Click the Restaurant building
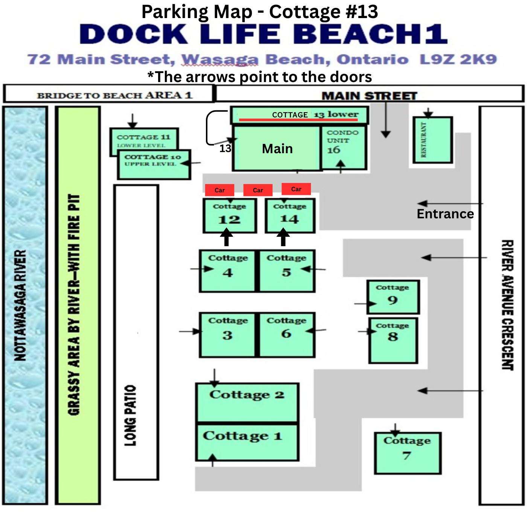pyautogui.click(x=433, y=140)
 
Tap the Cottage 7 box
pyautogui.click(x=408, y=453)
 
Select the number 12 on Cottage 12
pyautogui.click(x=229, y=219)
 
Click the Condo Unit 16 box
pyautogui.click(x=344, y=148)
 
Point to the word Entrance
pyautogui.click(x=445, y=214)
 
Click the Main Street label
pyautogui.click(x=370, y=96)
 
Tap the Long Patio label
pyautogui.click(x=130, y=416)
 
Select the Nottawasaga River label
pyautogui.click(x=20, y=306)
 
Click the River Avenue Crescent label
pyautogui.click(x=507, y=305)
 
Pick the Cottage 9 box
pyautogui.click(x=393, y=297)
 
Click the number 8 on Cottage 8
pyautogui.click(x=393, y=337)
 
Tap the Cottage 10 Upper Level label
pyautogui.click(x=152, y=160)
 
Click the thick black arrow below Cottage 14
pyautogui.click(x=283, y=237)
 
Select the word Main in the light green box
pyautogui.click(x=277, y=149)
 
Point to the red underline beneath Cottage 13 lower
pyautogui.click(x=299, y=119)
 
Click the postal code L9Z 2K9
pyautogui.click(x=458, y=59)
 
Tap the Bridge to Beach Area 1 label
pyautogui.click(x=114, y=96)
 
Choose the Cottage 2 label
pyautogui.click(x=247, y=395)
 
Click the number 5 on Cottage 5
pyautogui.click(x=286, y=273)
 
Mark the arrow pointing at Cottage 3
pyautogui.click(x=190, y=332)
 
